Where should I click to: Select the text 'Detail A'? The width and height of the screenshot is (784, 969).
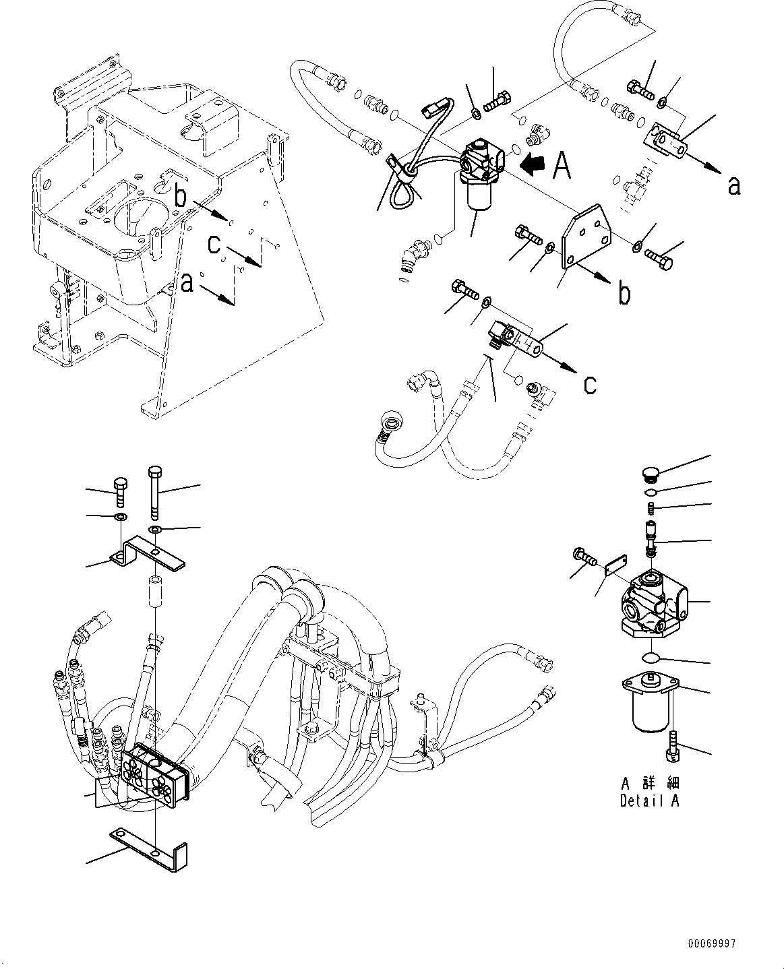pyautogui.click(x=650, y=801)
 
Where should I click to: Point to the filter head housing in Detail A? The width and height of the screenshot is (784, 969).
pyautogui.click(x=653, y=601)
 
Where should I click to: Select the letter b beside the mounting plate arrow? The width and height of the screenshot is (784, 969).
pyautogui.click(x=625, y=294)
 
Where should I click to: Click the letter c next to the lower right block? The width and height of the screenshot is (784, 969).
pyautogui.click(x=591, y=384)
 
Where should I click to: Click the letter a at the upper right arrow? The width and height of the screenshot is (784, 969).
pyautogui.click(x=734, y=185)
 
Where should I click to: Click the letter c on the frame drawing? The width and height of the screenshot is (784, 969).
pyautogui.click(x=214, y=245)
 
